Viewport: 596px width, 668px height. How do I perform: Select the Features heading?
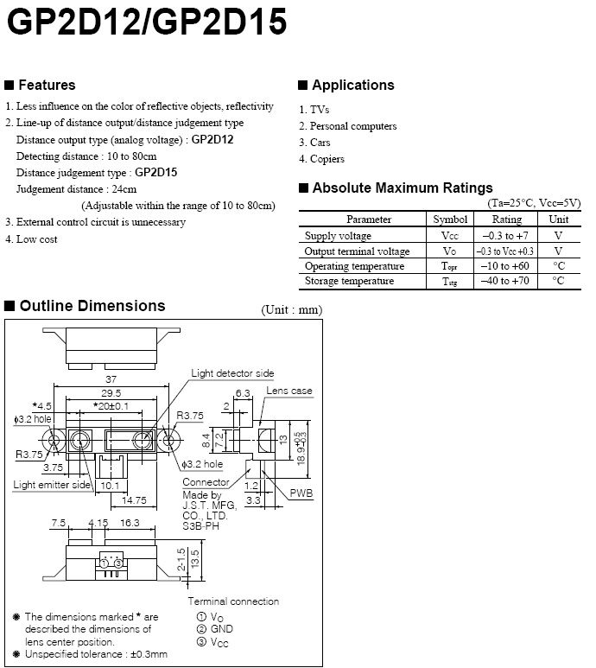pos(47,85)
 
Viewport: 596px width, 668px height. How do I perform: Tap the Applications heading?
pos(352,85)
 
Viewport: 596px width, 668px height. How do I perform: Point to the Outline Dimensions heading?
pos(92,306)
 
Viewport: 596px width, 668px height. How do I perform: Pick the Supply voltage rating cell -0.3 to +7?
pos(506,235)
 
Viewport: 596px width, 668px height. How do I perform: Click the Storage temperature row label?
pos(349,281)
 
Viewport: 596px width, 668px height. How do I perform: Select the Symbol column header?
pos(450,219)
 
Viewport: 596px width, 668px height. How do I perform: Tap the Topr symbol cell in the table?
pos(450,266)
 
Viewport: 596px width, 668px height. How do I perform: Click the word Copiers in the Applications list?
pos(327,159)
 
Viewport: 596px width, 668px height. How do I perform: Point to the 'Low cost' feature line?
pos(36,239)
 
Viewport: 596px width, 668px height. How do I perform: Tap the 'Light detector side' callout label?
pos(232,373)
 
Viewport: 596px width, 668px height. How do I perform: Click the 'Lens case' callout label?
pos(288,391)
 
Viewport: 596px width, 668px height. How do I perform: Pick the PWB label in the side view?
pos(301,493)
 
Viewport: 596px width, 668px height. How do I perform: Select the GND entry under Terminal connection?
pos(221,629)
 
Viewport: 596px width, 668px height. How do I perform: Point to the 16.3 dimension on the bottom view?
pos(130,523)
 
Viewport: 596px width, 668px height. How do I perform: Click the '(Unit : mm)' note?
pos(291,309)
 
